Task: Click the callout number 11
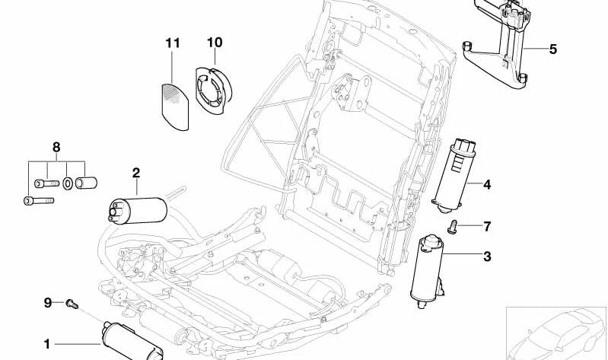173,43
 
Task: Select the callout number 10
215,43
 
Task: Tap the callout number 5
553,49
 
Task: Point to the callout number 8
55,147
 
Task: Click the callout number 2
136,174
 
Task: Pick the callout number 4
486,184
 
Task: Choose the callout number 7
487,226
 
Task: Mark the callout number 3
487,256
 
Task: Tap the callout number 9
46,303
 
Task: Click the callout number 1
46,344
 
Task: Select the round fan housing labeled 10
211,89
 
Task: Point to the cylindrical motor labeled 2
138,209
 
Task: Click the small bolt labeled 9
71,304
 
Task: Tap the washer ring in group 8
67,183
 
